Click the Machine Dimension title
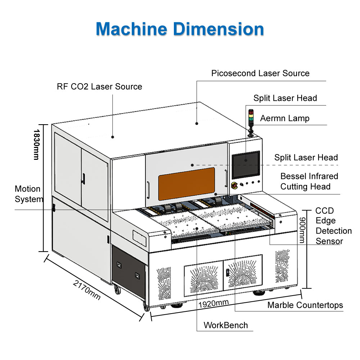point(180,28)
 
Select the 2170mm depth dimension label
point(87,290)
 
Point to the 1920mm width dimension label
point(213,303)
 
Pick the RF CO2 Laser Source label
point(99,87)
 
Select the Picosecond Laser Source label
point(260,73)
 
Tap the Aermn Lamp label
point(285,118)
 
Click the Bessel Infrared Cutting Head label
point(309,181)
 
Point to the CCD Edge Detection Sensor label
point(333,226)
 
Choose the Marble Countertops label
point(305,306)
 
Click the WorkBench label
point(226,325)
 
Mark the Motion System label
point(28,194)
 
